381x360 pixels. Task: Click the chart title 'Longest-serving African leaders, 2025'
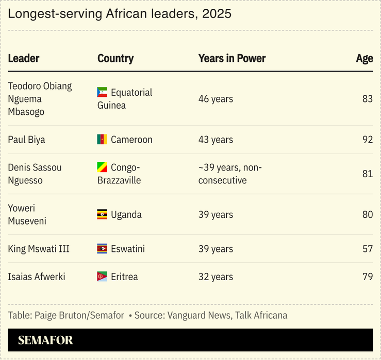tap(120, 14)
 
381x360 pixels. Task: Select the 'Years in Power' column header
tap(231, 58)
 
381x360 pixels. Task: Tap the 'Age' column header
tap(364, 58)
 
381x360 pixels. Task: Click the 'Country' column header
tap(115, 58)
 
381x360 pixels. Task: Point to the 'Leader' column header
tap(24, 58)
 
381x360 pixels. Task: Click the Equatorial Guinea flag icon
tap(102, 93)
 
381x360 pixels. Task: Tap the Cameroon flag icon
tap(102, 140)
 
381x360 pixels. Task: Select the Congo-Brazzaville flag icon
tap(102, 167)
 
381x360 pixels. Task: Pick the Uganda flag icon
tap(102, 215)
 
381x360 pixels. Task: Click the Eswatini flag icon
tap(102, 249)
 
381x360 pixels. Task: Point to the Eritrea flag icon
tap(102, 277)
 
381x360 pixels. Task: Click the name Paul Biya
tap(26, 140)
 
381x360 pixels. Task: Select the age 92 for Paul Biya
tap(367, 140)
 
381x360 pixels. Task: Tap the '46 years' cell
tap(216, 99)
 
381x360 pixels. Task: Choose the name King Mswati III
tap(39, 249)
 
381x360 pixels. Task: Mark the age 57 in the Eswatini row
tap(367, 249)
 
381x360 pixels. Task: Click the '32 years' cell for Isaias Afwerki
tap(216, 277)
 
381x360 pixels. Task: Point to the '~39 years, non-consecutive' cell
tap(230, 174)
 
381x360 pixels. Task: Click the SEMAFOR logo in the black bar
tap(45, 340)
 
